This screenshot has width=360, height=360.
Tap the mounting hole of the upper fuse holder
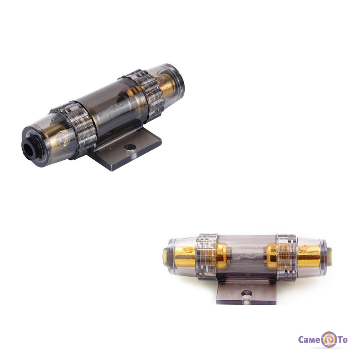click(130, 148)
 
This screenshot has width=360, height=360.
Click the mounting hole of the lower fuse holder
click(247, 294)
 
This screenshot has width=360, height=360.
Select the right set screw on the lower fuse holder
click(305, 248)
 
